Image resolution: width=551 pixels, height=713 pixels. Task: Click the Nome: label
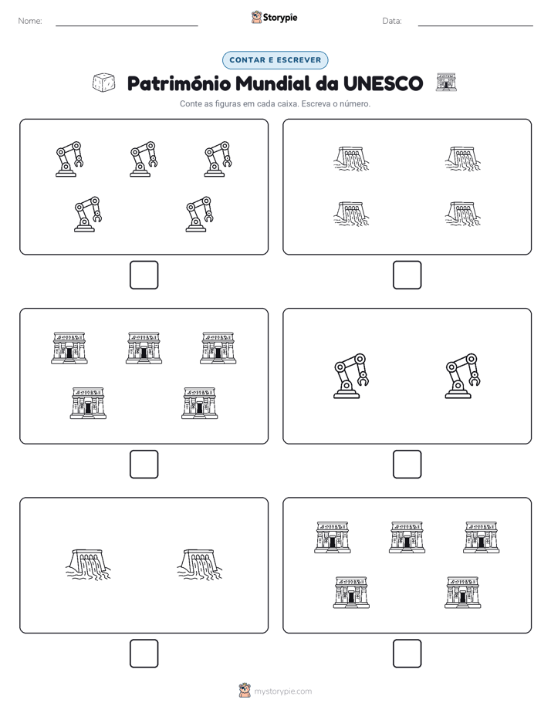30,21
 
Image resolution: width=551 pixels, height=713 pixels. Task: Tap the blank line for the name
127,25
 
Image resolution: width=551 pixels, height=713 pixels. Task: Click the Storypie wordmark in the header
280,18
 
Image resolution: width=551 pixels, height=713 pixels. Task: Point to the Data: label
392,21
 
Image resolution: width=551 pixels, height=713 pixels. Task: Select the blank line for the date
475,25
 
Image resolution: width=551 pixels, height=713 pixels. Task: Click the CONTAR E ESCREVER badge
275,60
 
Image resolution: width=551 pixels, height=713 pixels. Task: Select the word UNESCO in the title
383,83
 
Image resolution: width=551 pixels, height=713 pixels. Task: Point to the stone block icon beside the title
103,83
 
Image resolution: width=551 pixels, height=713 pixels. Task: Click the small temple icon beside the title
446,83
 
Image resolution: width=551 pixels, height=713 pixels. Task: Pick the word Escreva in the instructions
316,103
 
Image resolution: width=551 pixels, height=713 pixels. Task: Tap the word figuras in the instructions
228,104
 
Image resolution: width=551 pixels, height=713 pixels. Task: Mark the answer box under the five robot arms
144,275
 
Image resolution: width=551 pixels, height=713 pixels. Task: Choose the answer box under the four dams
407,275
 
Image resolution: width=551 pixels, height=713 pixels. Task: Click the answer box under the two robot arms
407,465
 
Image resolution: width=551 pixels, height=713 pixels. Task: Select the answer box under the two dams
144,654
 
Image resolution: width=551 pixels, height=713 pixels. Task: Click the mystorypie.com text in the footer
282,691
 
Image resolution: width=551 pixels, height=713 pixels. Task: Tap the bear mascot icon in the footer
245,691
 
